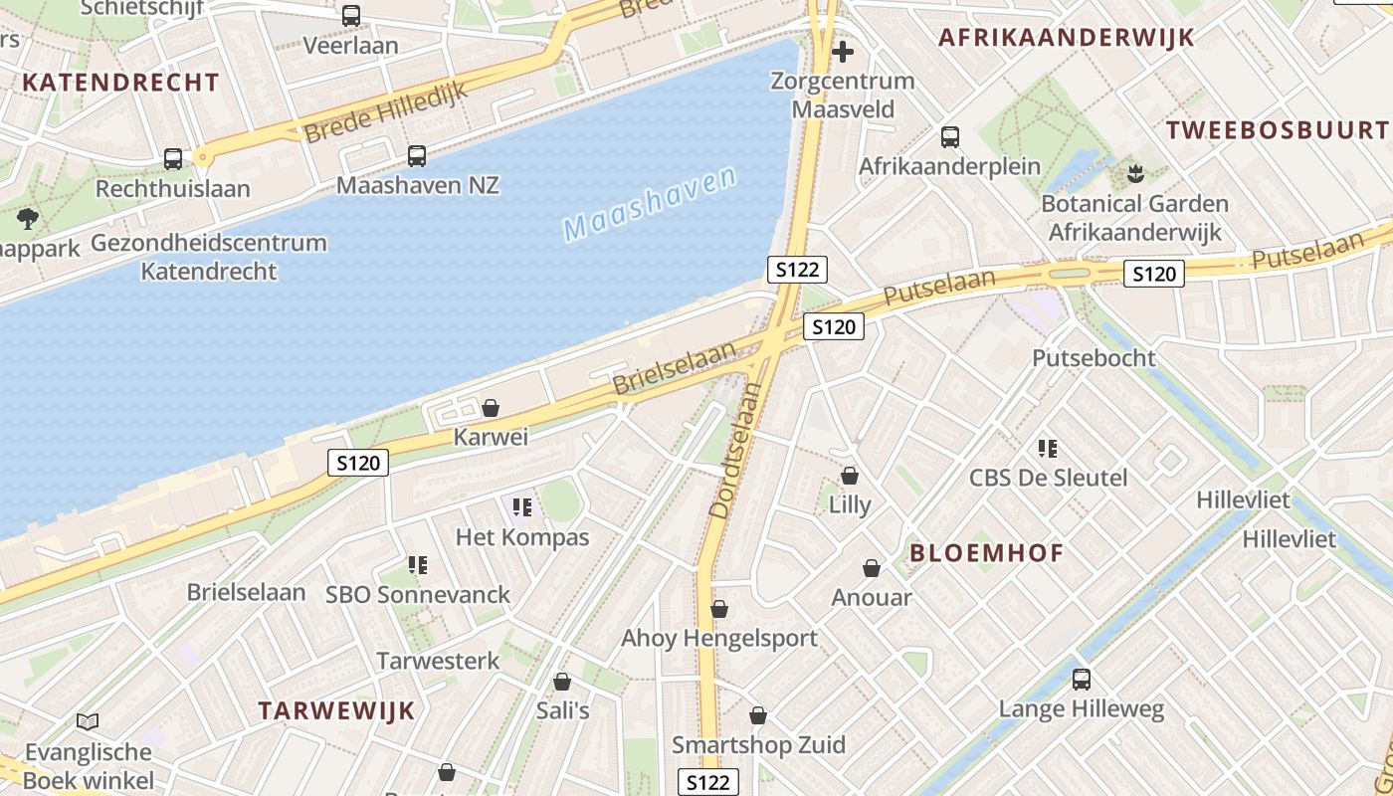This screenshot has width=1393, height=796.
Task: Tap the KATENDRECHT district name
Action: coord(119,83)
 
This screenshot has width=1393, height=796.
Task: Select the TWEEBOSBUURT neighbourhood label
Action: coord(1277,129)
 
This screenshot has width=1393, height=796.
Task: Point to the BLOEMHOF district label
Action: coord(987,553)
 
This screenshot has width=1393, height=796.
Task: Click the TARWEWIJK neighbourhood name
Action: coord(336,710)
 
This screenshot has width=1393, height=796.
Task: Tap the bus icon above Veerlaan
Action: coord(351,16)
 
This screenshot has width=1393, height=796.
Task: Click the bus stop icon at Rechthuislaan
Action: coord(173,158)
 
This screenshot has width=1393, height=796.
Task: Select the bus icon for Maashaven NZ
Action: coord(417,155)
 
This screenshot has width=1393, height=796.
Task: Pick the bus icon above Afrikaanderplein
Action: coord(950,136)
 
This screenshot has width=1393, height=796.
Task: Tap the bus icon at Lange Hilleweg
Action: coord(1082,680)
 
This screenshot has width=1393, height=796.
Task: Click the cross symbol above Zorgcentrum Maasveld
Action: coord(843,51)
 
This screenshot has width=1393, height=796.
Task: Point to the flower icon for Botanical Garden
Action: coord(1135,175)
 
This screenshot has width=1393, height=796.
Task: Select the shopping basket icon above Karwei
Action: coord(490,408)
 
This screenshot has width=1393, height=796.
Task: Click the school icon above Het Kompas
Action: coord(522,508)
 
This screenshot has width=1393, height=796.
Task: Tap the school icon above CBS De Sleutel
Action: coord(1048,449)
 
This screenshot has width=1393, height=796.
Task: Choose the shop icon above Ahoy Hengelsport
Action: coord(719,609)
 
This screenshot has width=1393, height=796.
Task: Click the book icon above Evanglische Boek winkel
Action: coord(88,721)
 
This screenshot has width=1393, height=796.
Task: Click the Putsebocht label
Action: coord(1094,358)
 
